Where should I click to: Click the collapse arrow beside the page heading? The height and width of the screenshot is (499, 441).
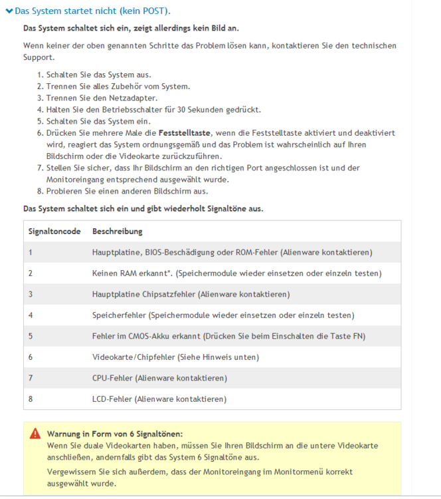click(x=9, y=11)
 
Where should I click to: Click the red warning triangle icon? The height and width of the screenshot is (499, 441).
click(x=35, y=433)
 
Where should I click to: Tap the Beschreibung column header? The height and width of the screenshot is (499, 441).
click(x=117, y=231)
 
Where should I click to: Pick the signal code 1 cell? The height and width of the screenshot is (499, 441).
click(x=31, y=252)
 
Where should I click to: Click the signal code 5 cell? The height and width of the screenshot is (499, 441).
click(x=31, y=336)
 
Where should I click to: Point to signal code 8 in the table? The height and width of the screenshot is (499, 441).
click(x=31, y=399)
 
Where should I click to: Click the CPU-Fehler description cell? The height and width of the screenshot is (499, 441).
click(x=159, y=378)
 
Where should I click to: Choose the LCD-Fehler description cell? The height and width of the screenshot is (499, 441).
click(x=159, y=399)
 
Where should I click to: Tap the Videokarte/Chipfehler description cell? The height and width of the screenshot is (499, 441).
click(x=175, y=357)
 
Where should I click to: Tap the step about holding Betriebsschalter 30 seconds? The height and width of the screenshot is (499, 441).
click(x=153, y=110)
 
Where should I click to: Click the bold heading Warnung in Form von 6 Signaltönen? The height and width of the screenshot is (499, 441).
click(x=114, y=433)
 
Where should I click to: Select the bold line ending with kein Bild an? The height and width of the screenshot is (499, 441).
click(x=131, y=29)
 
